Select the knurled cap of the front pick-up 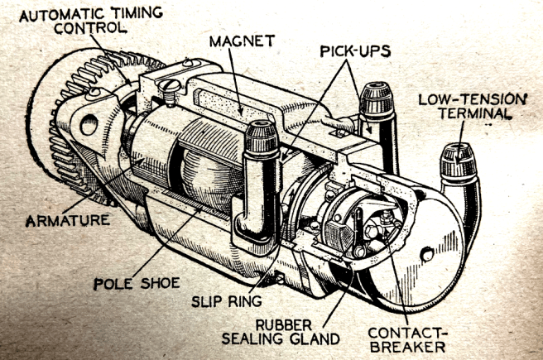click(x=262, y=138)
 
